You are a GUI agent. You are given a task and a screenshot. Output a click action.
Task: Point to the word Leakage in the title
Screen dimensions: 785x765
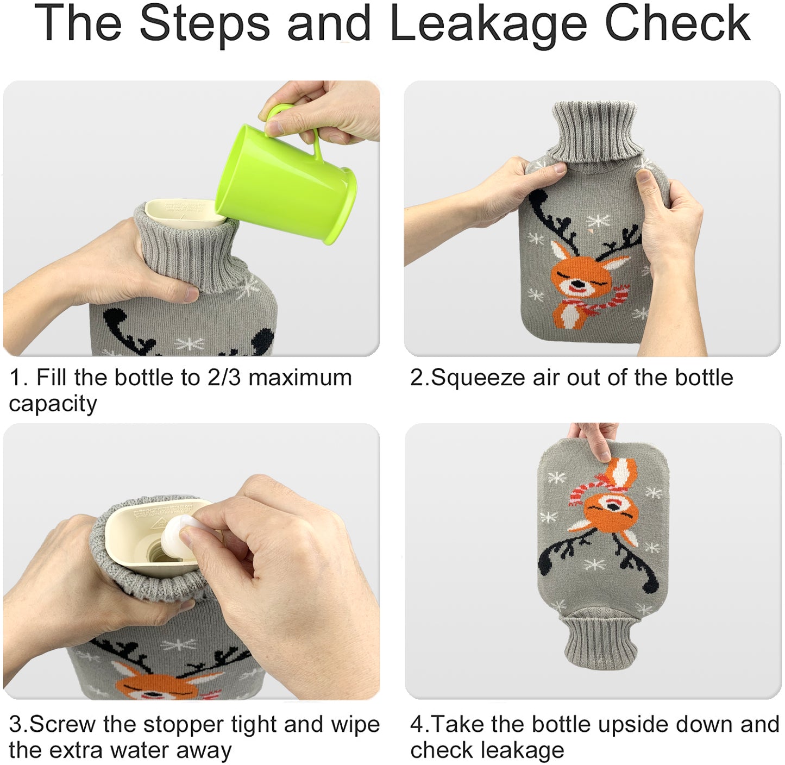(488, 24)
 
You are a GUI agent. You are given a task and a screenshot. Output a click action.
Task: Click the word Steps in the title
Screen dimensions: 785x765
(204, 24)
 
